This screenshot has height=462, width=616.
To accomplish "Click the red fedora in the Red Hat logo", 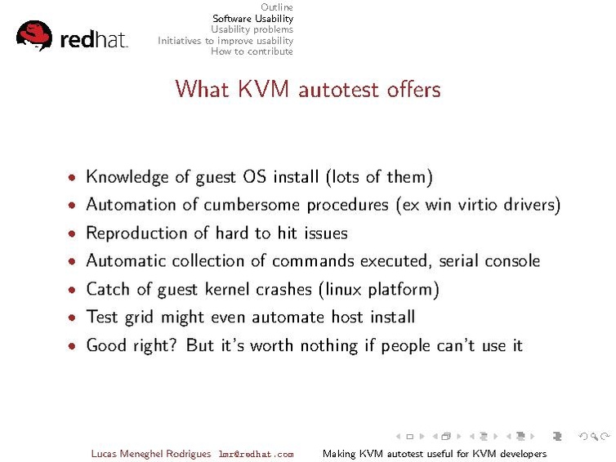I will pos(33,35).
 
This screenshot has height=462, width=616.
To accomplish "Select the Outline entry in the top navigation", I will pos(277,7).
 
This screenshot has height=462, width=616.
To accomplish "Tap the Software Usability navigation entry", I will pos(252,18).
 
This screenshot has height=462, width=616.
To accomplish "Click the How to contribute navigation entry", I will pos(252,51).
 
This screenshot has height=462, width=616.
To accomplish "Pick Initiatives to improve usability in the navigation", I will pos(225,40).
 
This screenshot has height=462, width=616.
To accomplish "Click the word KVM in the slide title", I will pos(263,88).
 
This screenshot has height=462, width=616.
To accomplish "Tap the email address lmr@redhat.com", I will pos(256,455).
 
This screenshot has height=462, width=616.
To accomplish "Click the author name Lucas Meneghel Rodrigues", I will pos(151,454).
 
